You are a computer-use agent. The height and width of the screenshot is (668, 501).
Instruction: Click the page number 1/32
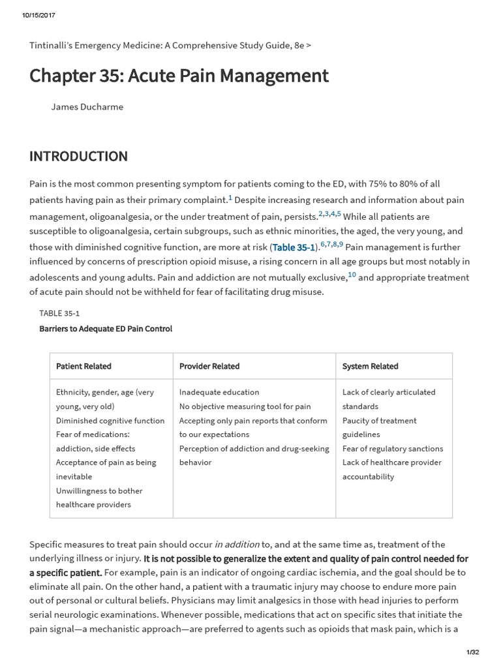pos(473,652)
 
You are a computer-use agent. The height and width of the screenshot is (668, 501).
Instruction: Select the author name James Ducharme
pos(87,107)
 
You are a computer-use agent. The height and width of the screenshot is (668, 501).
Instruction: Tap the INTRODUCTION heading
pos(78,157)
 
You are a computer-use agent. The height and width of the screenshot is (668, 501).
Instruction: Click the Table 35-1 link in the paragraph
pos(294,247)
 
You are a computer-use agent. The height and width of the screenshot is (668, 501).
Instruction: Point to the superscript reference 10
pos(352,275)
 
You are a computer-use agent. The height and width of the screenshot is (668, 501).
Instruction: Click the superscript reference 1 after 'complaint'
pos(230,198)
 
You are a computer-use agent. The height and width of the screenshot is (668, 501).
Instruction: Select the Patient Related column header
pos(83,366)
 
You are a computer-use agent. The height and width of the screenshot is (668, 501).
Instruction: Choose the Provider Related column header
pos(209,366)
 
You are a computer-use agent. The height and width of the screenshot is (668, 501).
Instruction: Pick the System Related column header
pos(370,366)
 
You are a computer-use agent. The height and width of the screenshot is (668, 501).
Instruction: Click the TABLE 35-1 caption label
pos(59,313)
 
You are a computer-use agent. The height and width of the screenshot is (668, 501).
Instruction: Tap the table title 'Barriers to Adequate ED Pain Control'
pos(106,329)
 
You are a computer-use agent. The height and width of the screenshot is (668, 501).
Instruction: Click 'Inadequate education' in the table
pos(219,392)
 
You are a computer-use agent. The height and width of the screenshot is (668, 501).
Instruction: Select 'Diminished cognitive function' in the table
pos(110,421)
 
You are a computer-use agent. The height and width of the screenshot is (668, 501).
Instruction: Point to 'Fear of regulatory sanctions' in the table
pos(393,449)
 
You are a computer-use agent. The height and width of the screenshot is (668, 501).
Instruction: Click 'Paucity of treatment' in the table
pos(380,421)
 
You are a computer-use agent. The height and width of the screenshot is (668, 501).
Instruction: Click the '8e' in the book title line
pos(299,45)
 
